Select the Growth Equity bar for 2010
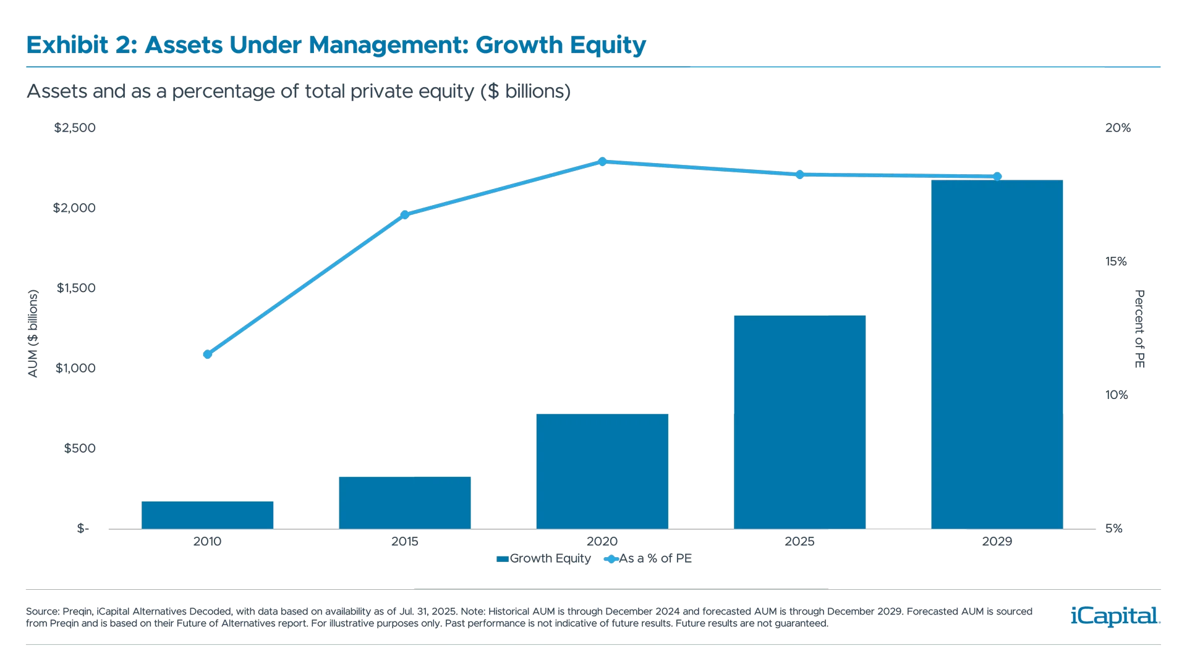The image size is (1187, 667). pos(207,514)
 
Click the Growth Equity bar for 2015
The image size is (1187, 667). pos(405,502)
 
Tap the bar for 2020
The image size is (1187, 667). pos(602,471)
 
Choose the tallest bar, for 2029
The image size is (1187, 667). pos(997,354)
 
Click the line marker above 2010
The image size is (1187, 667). pos(208,354)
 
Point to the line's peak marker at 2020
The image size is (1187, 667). pos(603,161)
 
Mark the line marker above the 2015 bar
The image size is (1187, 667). pos(405,214)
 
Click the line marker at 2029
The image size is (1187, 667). pos(997,177)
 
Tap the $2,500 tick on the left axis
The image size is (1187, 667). pos(75,128)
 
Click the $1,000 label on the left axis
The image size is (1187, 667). pos(75,369)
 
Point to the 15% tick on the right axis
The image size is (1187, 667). pos(1116,262)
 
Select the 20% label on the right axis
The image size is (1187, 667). pos(1117,128)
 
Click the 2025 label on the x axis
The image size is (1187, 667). pos(799,542)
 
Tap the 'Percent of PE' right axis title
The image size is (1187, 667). pos(1139,329)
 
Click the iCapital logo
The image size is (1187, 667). pos(1113,616)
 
